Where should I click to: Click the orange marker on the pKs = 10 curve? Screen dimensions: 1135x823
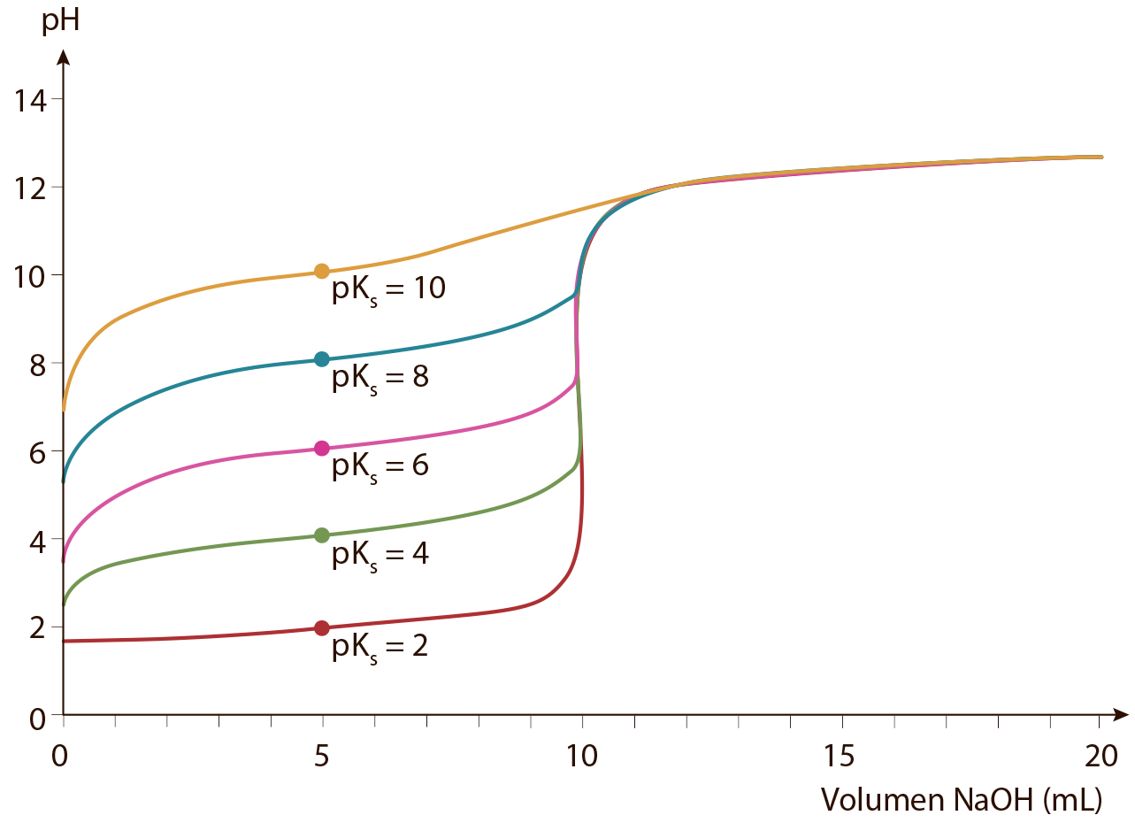(322, 272)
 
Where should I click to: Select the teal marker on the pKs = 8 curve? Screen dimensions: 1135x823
(322, 360)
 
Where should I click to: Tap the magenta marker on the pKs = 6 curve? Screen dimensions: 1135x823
(322, 449)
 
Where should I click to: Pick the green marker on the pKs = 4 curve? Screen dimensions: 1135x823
(322, 535)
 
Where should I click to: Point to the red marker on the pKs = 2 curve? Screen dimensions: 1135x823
(322, 628)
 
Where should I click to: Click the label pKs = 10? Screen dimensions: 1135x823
(388, 291)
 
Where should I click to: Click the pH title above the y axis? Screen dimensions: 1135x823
(60, 22)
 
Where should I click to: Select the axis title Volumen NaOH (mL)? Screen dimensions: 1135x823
(962, 801)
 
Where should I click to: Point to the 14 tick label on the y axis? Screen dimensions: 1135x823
(30, 100)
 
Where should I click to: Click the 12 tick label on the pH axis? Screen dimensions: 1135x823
(30, 189)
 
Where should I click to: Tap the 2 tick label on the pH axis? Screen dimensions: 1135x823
(38, 628)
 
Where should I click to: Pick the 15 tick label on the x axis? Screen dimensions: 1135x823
(840, 757)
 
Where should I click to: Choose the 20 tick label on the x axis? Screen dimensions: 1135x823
(1101, 757)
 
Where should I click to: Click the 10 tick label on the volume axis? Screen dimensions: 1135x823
(582, 757)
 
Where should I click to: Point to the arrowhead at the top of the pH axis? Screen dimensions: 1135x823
(64, 57)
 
